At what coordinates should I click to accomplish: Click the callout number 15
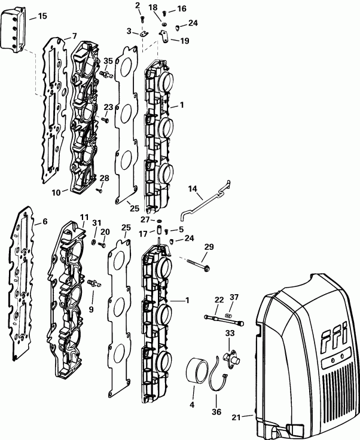click(42, 16)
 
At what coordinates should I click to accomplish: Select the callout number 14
click(193, 190)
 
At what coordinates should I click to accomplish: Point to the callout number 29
click(209, 246)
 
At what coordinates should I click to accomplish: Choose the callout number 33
click(229, 333)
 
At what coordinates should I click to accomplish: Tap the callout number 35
click(108, 61)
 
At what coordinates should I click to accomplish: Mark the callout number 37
click(234, 298)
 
